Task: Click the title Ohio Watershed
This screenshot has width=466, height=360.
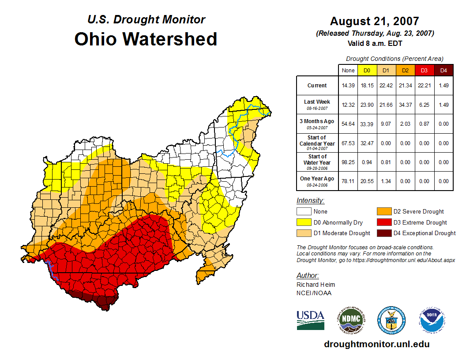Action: [x=146, y=39]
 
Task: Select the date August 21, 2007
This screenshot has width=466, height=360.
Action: [x=374, y=21]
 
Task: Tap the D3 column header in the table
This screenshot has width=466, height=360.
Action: [x=424, y=70]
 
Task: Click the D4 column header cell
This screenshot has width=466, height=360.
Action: [x=443, y=70]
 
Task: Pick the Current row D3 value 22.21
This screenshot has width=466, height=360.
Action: [x=424, y=86]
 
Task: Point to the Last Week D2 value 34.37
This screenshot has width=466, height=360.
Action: [x=405, y=105]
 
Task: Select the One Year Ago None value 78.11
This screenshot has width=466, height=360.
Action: [x=348, y=181]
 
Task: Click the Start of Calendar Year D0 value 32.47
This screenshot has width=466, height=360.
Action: [x=367, y=143]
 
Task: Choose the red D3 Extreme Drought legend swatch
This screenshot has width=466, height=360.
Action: [x=383, y=223]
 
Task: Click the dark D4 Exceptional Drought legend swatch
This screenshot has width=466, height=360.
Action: [x=383, y=233]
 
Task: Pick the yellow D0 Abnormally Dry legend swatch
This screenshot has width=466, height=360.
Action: [x=304, y=223]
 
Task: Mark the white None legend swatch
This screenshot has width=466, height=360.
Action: [x=304, y=212]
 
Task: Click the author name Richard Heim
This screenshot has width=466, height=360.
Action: [x=316, y=285]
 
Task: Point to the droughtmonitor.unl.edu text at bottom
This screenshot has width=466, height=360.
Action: [x=376, y=344]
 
